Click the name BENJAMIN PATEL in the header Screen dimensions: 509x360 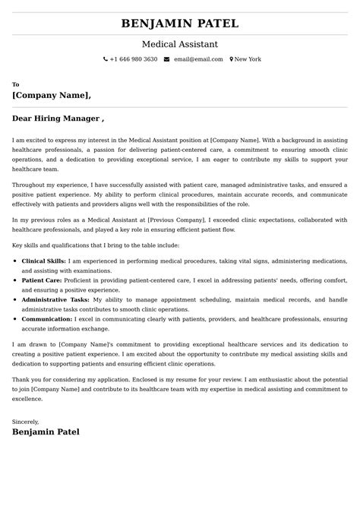pos(180,24)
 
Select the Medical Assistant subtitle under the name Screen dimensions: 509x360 pos(180,44)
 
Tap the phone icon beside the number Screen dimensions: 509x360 pos(106,59)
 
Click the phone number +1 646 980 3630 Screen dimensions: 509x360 pos(134,59)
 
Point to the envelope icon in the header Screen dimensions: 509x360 pos(166,59)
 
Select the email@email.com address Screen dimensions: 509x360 pos(197,59)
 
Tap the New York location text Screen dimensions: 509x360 pos(248,59)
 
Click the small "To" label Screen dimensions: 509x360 pos(16,84)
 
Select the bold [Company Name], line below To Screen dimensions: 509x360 pos(52,96)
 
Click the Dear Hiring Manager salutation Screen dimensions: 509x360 pos(58,119)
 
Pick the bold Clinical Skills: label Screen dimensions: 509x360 pos(43,261)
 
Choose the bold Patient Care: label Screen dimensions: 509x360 pos(41,280)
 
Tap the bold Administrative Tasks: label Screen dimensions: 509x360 pos(54,299)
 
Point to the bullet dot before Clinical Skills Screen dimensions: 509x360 pos(16,261)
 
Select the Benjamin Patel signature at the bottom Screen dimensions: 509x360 pos(46,432)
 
